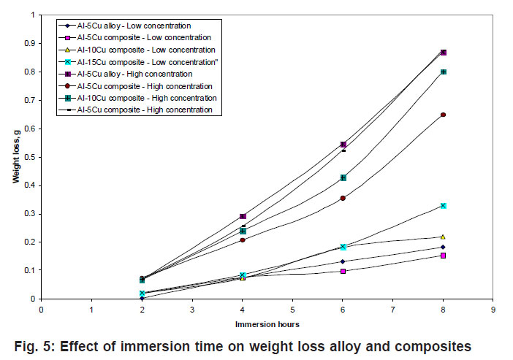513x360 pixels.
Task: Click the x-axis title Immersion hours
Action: point(266,323)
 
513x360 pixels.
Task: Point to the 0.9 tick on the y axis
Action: point(31,43)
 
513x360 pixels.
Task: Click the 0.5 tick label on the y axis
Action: point(31,157)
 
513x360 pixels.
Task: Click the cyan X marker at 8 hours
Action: point(443,206)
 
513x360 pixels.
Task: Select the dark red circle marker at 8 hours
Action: point(443,115)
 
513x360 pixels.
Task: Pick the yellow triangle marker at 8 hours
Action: point(443,237)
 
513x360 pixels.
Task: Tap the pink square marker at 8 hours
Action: point(443,256)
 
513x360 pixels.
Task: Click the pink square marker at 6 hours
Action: point(343,271)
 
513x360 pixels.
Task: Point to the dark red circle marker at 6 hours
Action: point(343,198)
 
